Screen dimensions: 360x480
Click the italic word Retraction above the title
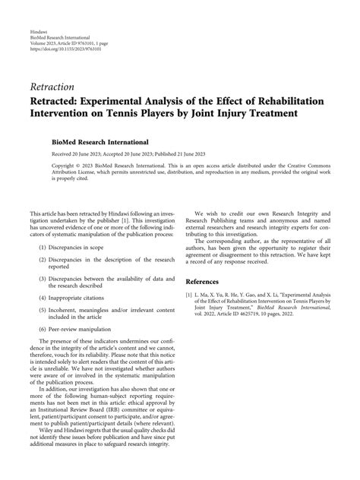click(52, 87)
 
